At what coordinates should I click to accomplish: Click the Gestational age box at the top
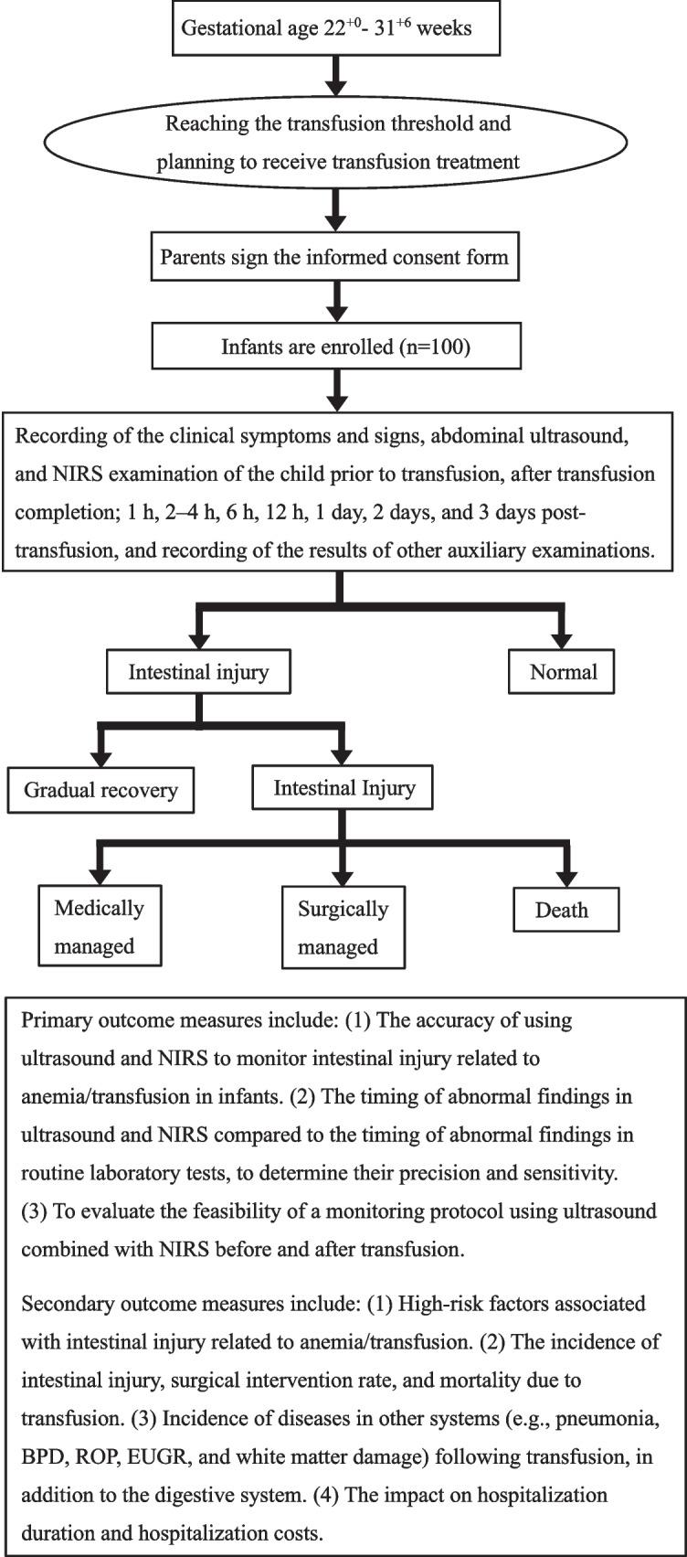click(326, 27)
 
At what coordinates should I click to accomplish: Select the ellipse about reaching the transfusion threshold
click(337, 142)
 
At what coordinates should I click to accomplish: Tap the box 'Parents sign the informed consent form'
click(334, 256)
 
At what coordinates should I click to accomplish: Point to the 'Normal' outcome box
click(563, 672)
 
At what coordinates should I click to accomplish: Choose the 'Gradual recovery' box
click(100, 790)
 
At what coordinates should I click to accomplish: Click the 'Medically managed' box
click(99, 926)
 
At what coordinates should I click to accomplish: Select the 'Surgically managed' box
click(343, 928)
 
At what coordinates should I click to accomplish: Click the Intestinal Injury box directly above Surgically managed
click(343, 788)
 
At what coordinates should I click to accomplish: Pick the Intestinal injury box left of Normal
click(198, 672)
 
